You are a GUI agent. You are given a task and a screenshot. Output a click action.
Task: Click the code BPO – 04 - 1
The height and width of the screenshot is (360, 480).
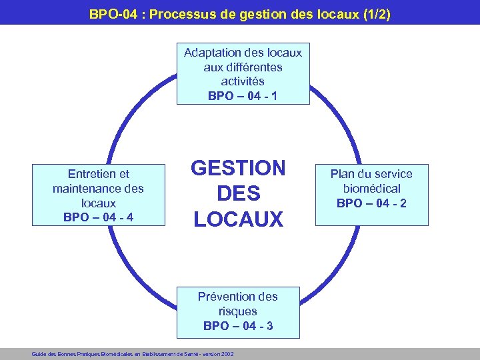click(243, 96)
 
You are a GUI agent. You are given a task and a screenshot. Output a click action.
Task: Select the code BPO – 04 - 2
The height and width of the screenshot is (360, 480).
click(371, 203)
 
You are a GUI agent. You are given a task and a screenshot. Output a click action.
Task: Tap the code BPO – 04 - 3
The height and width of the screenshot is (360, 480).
click(238, 326)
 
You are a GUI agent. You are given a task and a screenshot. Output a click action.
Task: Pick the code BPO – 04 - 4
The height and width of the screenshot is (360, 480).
click(98, 217)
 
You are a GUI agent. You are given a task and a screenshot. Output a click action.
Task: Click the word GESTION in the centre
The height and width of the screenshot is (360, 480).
click(238, 168)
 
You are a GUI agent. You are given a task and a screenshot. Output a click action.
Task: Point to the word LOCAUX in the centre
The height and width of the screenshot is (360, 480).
click(238, 218)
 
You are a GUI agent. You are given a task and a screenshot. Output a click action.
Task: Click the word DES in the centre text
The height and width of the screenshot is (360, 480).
click(238, 193)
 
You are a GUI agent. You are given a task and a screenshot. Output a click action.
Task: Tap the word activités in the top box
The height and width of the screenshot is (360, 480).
click(243, 81)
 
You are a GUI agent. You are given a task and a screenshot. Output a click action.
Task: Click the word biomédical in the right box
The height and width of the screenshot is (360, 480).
click(371, 188)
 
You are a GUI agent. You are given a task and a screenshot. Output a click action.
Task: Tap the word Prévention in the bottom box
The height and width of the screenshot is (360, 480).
click(227, 296)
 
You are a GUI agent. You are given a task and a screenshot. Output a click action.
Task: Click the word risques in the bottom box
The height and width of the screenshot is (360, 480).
click(238, 311)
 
